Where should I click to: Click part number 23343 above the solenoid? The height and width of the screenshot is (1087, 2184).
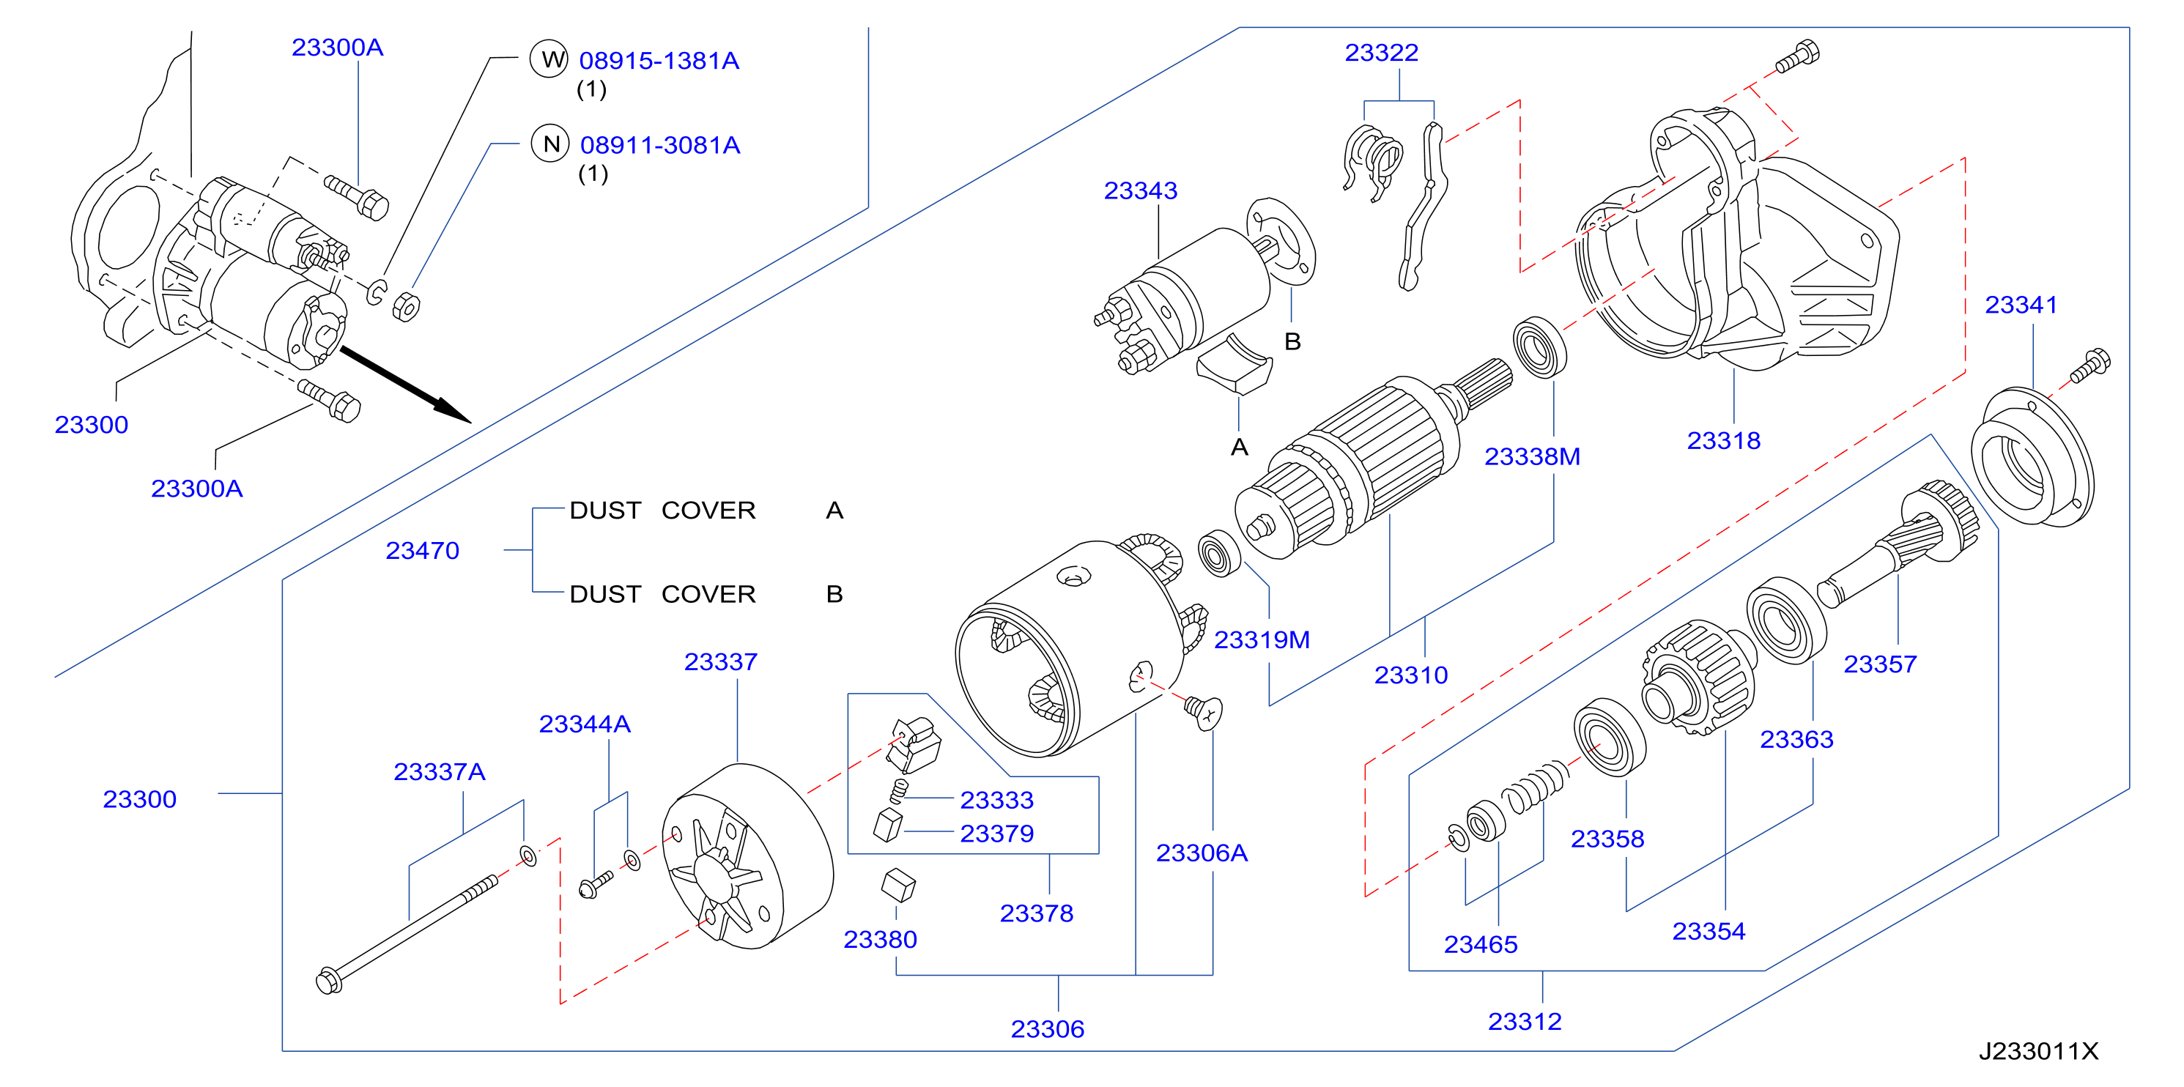click(1140, 190)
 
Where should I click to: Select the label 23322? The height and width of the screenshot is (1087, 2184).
click(1381, 53)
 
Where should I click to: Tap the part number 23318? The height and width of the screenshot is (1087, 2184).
click(1724, 441)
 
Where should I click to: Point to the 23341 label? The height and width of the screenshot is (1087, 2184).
click(2021, 305)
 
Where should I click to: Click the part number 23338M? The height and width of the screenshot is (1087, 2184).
click(1532, 457)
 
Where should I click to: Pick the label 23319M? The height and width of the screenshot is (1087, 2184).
click(1262, 640)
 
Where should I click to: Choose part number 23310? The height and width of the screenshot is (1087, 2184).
click(1411, 676)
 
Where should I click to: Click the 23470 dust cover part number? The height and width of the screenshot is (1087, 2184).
click(422, 551)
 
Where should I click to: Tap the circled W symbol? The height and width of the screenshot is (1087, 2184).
click(549, 59)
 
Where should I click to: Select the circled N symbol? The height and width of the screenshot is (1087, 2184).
click(550, 144)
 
